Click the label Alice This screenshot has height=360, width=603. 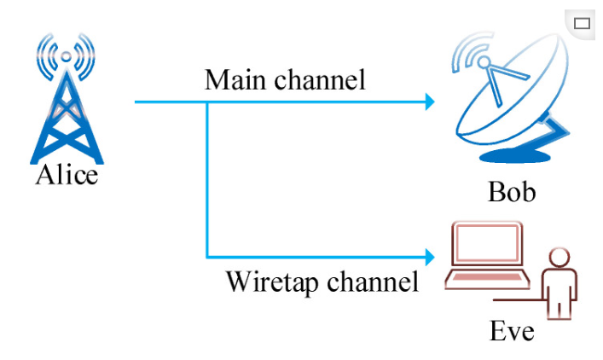pos(67,175)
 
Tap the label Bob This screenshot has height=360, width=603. pos(512,191)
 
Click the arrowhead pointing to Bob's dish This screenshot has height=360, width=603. pos(431,102)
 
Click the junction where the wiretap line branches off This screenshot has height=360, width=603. pos(207,102)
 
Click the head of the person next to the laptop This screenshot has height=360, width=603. pos(560,258)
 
